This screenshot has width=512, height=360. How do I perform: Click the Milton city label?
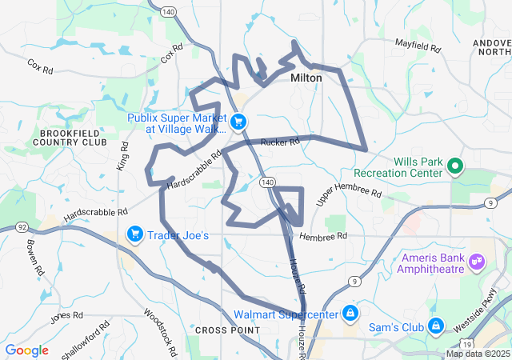(x=306, y=78)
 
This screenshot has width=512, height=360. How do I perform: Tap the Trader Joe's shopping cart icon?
(x=135, y=234)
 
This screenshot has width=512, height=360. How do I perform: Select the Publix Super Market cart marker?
(x=238, y=122)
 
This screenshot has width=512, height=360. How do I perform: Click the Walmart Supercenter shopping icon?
(x=350, y=312)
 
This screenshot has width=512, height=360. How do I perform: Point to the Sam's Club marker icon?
(x=437, y=326)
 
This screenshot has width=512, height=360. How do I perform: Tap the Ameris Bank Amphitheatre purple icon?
(x=478, y=261)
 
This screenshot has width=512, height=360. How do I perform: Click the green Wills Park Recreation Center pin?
(x=454, y=166)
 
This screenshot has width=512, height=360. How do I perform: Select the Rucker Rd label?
(x=279, y=142)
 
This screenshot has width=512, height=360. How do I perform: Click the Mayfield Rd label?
(x=418, y=46)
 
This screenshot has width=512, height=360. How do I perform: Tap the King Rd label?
(x=124, y=156)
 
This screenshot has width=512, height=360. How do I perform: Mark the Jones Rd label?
(x=66, y=316)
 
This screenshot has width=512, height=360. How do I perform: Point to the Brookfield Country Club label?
(x=70, y=137)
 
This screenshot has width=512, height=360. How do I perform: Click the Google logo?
(x=27, y=350)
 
